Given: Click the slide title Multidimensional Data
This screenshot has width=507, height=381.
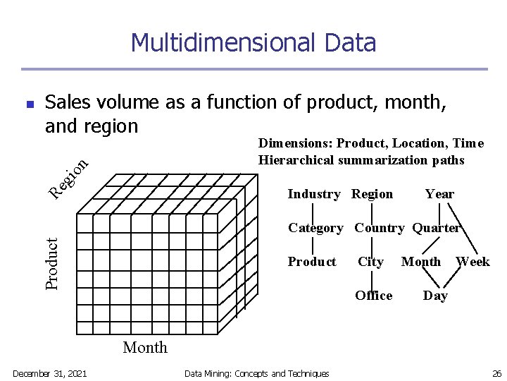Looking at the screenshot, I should click(x=254, y=42).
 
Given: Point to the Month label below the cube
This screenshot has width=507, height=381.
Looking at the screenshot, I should click(x=145, y=347).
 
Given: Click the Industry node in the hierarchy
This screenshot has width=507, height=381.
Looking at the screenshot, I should click(x=314, y=194).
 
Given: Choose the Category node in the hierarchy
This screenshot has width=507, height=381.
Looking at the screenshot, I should click(x=315, y=228).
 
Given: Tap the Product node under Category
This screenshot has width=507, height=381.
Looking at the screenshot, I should click(x=312, y=262).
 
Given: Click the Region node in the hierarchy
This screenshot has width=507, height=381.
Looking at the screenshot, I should click(x=372, y=194).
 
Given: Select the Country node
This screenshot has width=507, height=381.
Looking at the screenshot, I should click(x=379, y=228).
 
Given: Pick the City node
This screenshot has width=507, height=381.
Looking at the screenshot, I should click(x=370, y=262).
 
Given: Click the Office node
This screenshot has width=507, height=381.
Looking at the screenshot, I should click(x=374, y=296).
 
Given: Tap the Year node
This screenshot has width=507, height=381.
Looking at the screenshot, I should click(x=439, y=194).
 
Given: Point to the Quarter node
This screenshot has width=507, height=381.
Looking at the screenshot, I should click(x=436, y=228).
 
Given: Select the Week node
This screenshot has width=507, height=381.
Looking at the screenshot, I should click(x=472, y=262).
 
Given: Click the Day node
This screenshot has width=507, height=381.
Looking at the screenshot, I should click(x=435, y=296).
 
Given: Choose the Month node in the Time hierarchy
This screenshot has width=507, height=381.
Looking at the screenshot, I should click(x=421, y=262).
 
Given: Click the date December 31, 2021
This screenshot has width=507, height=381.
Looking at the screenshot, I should click(x=50, y=373).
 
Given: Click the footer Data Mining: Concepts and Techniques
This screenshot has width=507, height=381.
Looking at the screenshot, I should click(x=256, y=373).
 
